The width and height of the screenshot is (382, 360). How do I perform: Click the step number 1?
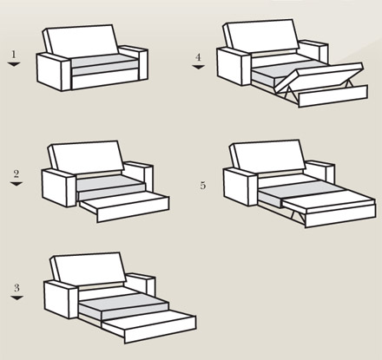(x=13, y=54)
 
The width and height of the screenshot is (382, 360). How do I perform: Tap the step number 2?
(x=16, y=173)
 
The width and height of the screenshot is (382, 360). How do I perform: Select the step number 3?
(x=16, y=287)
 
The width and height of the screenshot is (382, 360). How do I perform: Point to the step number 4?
(x=198, y=57)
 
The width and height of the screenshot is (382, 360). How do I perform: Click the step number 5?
(x=203, y=186)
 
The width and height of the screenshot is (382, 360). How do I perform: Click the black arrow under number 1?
(x=14, y=64)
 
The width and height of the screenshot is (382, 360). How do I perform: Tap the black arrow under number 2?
(x=16, y=184)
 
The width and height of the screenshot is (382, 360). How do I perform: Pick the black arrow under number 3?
(x=16, y=298)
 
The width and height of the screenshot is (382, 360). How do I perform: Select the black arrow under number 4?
(x=198, y=67)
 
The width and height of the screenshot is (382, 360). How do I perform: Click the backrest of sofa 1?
(x=81, y=41)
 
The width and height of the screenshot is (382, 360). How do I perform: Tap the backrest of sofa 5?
(x=267, y=156)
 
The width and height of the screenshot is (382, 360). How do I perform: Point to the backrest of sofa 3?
(x=89, y=268)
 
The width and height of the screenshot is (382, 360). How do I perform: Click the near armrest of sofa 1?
(x=54, y=72)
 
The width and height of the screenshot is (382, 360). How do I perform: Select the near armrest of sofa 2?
(x=59, y=188)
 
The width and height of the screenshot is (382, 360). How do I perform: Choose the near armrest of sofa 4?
(x=234, y=67)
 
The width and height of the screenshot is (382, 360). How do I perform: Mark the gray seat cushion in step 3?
(x=124, y=304)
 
